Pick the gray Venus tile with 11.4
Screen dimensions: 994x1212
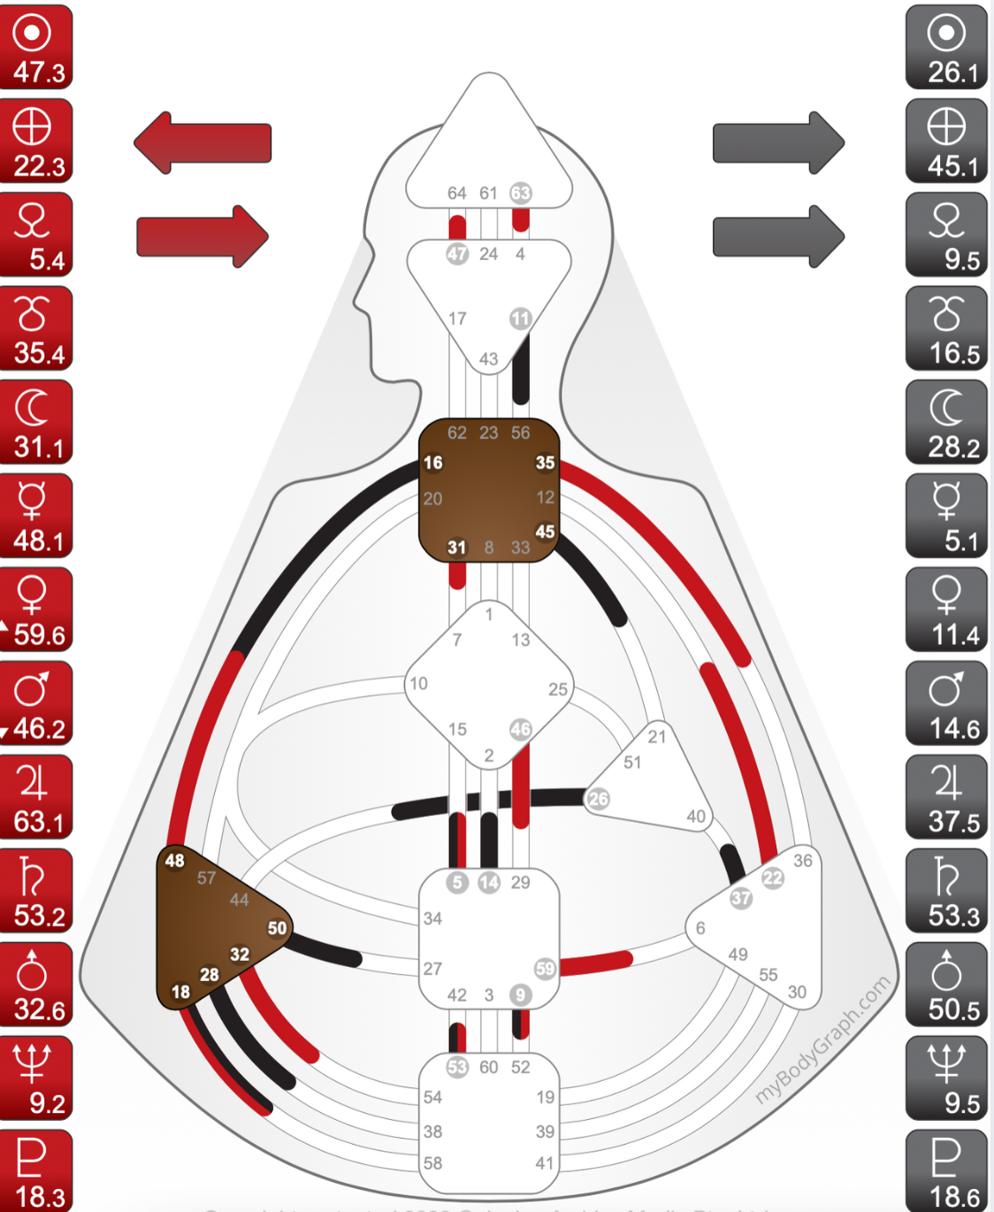tap(946, 610)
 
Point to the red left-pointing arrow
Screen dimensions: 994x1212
tap(203, 142)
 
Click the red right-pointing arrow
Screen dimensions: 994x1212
tap(203, 236)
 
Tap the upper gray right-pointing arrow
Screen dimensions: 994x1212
tap(778, 142)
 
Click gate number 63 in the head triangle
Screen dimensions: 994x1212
tap(521, 193)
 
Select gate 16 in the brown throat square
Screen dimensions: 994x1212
tap(433, 463)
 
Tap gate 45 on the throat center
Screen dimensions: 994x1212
tap(545, 532)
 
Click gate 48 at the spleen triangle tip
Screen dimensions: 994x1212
tap(175, 860)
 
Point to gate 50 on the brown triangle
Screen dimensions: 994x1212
tap(277, 928)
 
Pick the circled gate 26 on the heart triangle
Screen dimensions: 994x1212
tap(599, 799)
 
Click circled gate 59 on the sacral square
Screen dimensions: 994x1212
tap(545, 969)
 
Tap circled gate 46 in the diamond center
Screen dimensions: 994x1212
tap(521, 729)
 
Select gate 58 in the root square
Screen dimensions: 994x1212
tap(432, 1163)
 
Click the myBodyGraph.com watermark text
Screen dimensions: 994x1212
tap(822, 1040)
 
